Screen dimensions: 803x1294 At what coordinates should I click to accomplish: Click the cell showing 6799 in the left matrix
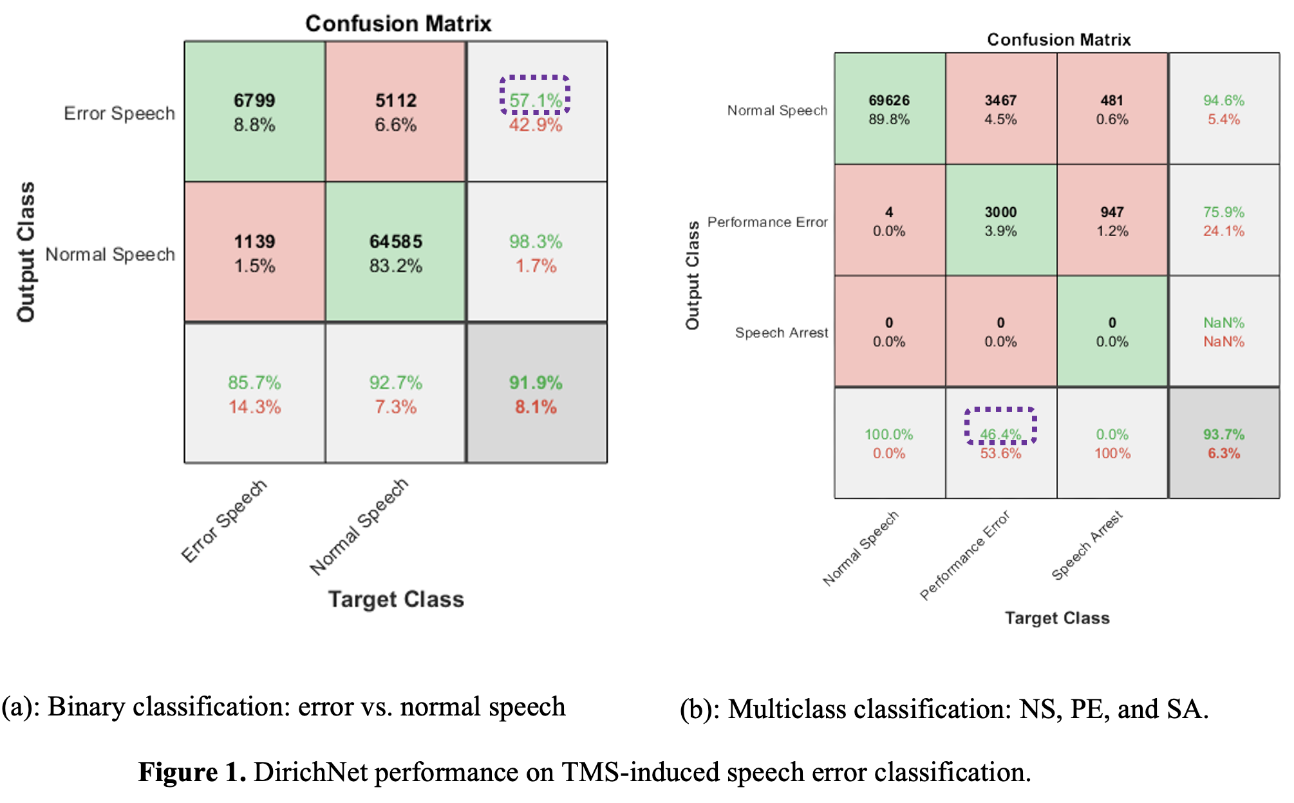(254, 111)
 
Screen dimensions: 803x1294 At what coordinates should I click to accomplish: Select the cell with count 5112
(395, 111)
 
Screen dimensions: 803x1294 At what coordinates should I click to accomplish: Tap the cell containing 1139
(254, 252)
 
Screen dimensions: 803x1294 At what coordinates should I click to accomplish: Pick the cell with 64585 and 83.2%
(395, 252)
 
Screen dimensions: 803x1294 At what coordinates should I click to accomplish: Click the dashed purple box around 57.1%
(535, 95)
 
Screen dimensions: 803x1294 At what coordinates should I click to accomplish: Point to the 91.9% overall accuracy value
(536, 383)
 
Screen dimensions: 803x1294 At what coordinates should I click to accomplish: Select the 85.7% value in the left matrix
(254, 383)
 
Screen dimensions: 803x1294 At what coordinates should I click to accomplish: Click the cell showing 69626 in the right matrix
(889, 109)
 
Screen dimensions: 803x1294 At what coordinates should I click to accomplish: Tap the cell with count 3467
(1000, 109)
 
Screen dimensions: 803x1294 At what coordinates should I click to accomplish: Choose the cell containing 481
(1112, 109)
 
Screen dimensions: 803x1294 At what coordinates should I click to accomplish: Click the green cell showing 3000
(1000, 221)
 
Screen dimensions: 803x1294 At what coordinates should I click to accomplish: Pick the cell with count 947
(1112, 221)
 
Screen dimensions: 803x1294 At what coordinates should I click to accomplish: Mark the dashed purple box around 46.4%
(1000, 426)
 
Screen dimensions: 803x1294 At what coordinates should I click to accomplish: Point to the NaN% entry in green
(1224, 322)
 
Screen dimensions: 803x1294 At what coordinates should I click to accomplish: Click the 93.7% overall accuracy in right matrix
(1224, 434)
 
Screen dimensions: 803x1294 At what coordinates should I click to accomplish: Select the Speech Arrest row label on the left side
(782, 333)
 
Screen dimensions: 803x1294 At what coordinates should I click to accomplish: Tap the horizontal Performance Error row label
(767, 222)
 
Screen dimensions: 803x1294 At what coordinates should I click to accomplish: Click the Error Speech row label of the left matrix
(119, 113)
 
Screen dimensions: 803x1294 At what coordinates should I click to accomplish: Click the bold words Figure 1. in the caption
(192, 772)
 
